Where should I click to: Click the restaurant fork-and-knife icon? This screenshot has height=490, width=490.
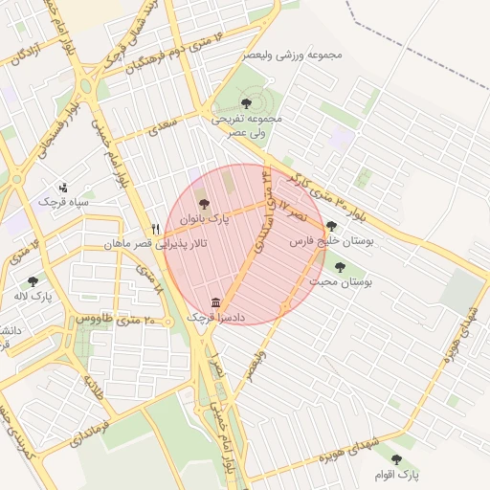pos(155,230)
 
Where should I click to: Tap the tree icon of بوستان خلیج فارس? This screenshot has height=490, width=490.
pos(331,227)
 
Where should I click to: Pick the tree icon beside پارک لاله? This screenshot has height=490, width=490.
pos(33,281)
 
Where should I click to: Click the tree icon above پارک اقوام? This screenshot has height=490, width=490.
pos(396,459)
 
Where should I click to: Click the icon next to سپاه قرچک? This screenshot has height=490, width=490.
pos(63,187)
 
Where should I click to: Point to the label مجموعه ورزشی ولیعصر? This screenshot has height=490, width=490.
pos(292,54)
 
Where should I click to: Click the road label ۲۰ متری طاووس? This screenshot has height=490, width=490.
pos(116,318)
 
